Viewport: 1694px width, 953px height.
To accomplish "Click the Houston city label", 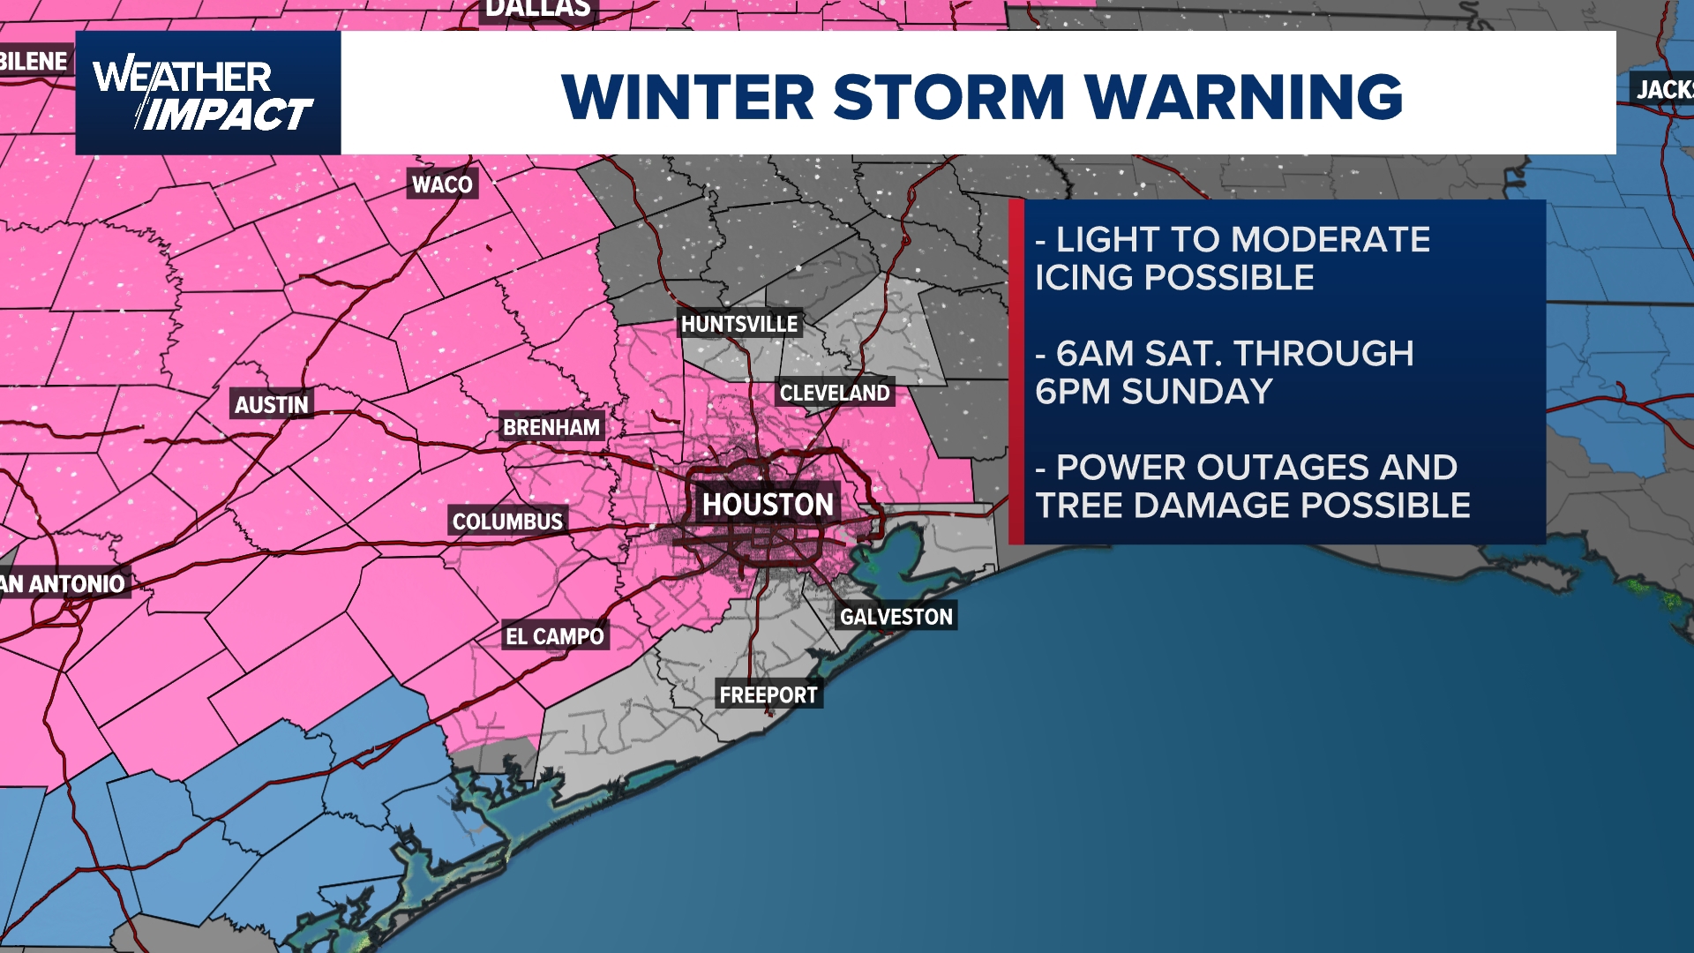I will click(767, 505).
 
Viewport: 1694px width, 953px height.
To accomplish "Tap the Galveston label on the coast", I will click(896, 617).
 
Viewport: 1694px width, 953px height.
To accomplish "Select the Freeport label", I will click(768, 695).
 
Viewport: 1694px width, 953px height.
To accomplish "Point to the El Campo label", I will click(554, 636).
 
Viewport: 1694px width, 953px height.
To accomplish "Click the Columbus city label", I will click(507, 522).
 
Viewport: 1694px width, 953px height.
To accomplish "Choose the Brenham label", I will click(551, 428).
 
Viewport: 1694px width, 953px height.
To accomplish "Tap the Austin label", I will click(271, 405).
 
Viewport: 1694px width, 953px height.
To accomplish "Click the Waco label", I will click(442, 184).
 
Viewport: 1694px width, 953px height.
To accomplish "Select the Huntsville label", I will click(739, 325).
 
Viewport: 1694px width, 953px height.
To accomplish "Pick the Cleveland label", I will click(835, 394).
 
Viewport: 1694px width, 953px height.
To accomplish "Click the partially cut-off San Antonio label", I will click(64, 584).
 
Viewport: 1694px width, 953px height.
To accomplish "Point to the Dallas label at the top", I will click(538, 10).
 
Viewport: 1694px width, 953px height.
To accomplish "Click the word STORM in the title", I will click(948, 96).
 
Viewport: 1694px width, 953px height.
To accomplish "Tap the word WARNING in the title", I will click(1243, 96).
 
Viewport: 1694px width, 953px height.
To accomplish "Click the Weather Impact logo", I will click(207, 94).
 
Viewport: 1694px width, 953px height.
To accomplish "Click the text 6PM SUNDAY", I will click(1154, 392).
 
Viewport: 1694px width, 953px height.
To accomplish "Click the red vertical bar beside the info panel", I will click(1016, 371).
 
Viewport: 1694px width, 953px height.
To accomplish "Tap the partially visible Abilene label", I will click(34, 62).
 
